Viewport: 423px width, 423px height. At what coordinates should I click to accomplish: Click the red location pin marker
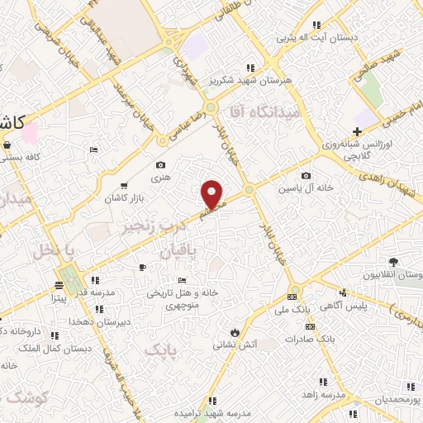(213, 193)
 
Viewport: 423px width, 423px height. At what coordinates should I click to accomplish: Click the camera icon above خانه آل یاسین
(307, 175)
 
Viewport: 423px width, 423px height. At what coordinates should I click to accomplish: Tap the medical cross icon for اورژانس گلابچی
(357, 132)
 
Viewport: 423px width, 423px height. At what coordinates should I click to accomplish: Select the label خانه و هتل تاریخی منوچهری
(174, 297)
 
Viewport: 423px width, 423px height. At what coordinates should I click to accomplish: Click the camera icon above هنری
(160, 165)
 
